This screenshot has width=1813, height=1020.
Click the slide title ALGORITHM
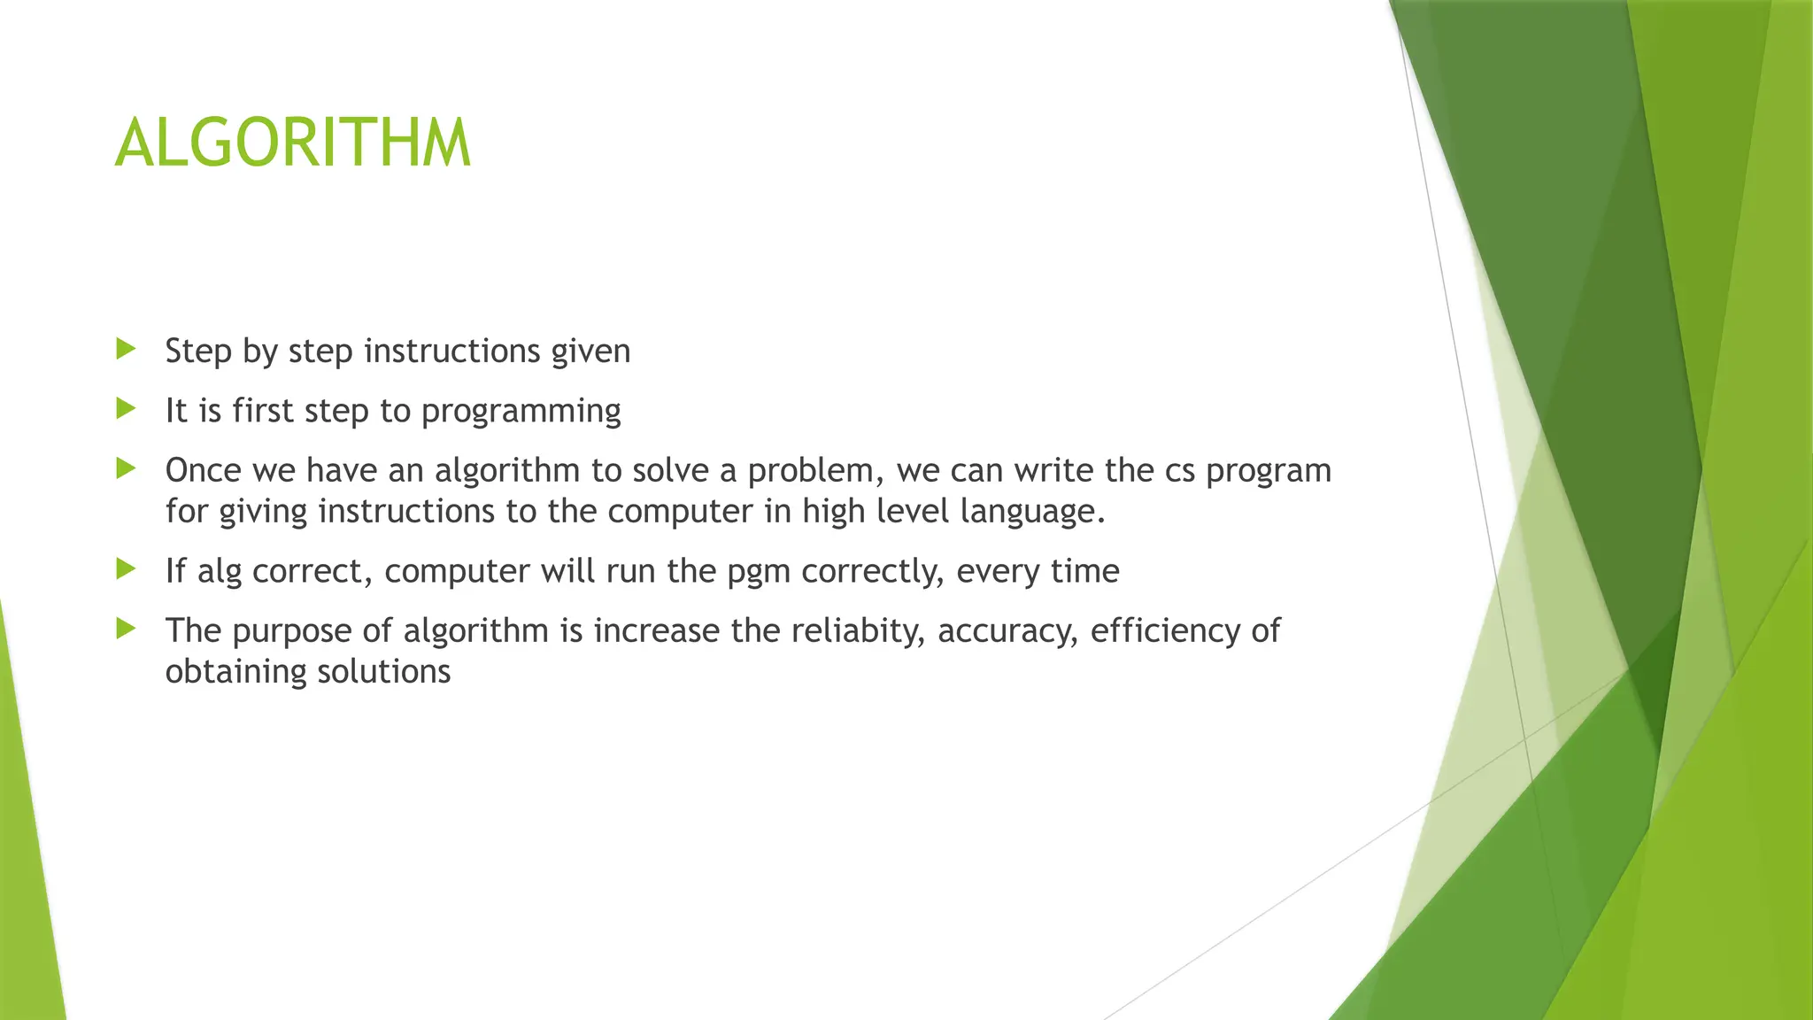click(292, 143)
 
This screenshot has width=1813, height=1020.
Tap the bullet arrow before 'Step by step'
click(126, 349)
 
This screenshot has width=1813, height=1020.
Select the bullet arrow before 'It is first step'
click(126, 408)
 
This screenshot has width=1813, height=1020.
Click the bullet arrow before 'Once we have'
click(126, 467)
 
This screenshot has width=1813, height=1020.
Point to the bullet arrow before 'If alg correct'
click(126, 568)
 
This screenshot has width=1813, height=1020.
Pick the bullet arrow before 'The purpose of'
click(126, 629)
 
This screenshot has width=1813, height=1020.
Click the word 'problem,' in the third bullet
click(815, 470)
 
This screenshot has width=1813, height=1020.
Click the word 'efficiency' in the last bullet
click(1165, 630)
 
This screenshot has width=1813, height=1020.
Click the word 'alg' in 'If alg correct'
click(220, 572)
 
